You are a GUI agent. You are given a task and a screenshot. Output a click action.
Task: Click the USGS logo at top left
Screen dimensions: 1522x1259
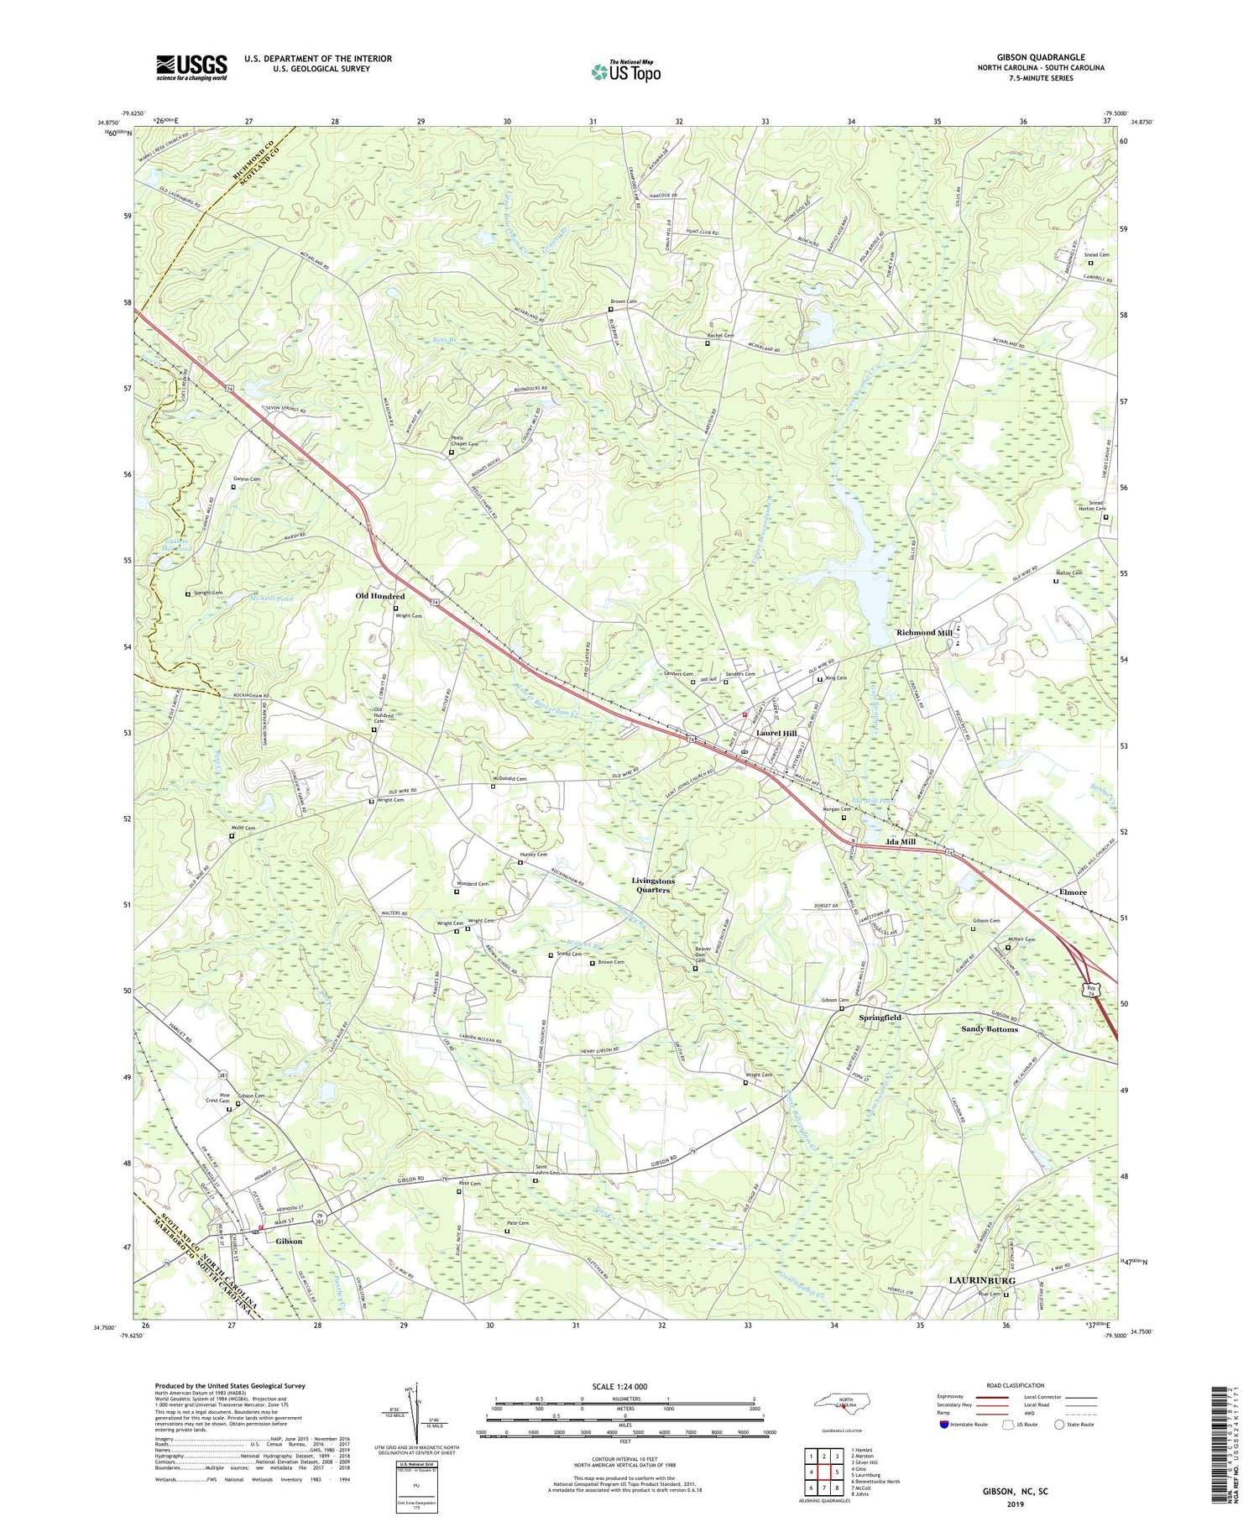[191, 66]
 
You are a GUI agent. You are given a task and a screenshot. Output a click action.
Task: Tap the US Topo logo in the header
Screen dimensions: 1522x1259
[626, 71]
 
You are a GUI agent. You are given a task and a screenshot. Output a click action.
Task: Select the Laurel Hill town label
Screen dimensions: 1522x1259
[776, 733]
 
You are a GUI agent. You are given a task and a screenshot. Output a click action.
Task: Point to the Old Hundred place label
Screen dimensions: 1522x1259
[380, 596]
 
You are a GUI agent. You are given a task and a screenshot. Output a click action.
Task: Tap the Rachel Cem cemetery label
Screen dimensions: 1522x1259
[719, 336]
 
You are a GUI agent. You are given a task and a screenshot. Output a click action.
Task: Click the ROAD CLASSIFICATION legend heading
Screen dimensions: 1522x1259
[1004, 1385]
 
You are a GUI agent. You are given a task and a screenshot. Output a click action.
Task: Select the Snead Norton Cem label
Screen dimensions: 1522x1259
[1091, 506]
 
